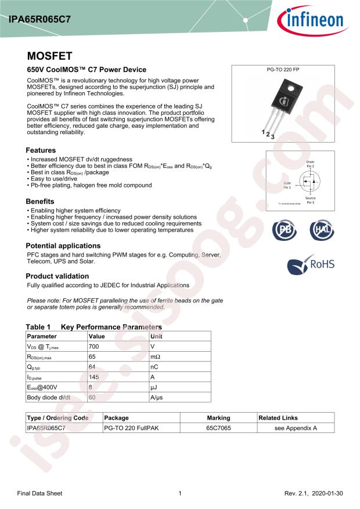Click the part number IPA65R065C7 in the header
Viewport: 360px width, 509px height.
click(x=40, y=19)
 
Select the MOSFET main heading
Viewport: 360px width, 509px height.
click(x=49, y=56)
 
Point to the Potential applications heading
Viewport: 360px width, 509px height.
click(x=63, y=246)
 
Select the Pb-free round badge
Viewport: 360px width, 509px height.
click(x=284, y=230)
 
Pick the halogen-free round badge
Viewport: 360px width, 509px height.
click(x=321, y=230)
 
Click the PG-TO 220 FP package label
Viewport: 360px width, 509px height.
click(x=283, y=70)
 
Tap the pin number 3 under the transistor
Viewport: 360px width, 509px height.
click(x=272, y=137)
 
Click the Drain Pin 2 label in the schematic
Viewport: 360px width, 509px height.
click(x=310, y=164)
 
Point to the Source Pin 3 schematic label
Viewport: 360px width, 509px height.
click(x=310, y=200)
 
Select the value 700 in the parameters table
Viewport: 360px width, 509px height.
click(x=93, y=346)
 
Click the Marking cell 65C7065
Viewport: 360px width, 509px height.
click(x=218, y=428)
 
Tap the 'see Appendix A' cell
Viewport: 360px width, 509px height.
click(x=296, y=428)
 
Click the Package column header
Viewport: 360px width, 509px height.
click(x=116, y=418)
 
